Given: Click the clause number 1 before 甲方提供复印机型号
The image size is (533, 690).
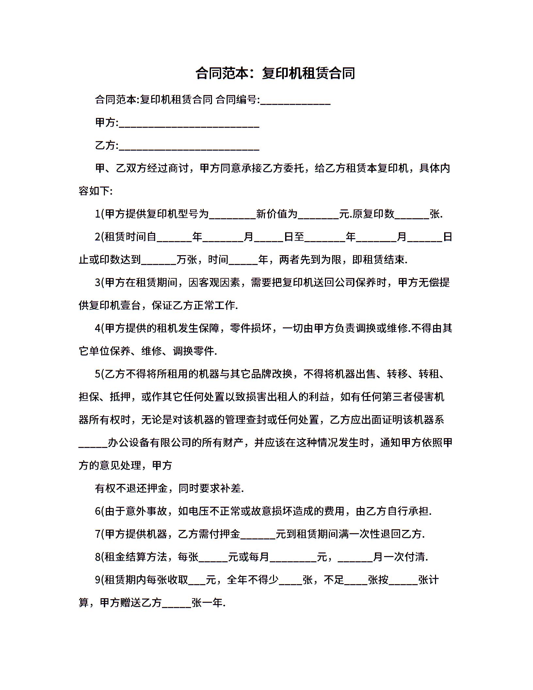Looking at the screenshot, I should click(97, 214).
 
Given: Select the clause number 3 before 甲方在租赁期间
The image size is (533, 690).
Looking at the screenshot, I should click(97, 283).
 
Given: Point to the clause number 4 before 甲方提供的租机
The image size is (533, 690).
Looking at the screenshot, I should click(97, 328).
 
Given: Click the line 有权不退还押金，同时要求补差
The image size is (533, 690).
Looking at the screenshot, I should click(169, 488).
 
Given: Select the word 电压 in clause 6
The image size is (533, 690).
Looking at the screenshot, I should click(199, 511).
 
